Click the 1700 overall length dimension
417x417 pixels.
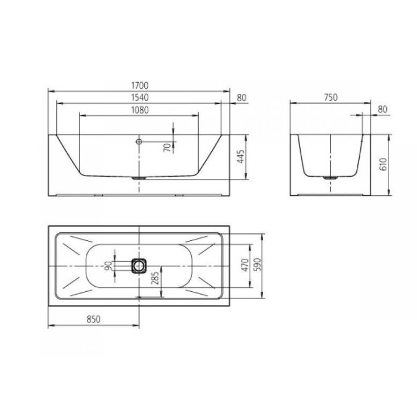pyautogui.click(x=140, y=85)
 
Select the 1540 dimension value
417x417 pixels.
pyautogui.click(x=140, y=98)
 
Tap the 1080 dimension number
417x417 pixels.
pyautogui.click(x=140, y=110)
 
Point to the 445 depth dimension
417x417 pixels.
pyautogui.click(x=240, y=156)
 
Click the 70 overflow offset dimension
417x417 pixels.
pyautogui.click(x=167, y=147)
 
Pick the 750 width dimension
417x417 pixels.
pyautogui.click(x=331, y=98)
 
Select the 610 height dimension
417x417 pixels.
pyautogui.click(x=384, y=164)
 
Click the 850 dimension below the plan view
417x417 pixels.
pyautogui.click(x=94, y=319)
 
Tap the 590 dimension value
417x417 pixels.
pyautogui.click(x=257, y=265)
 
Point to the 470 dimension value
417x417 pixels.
pyautogui.click(x=244, y=265)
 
